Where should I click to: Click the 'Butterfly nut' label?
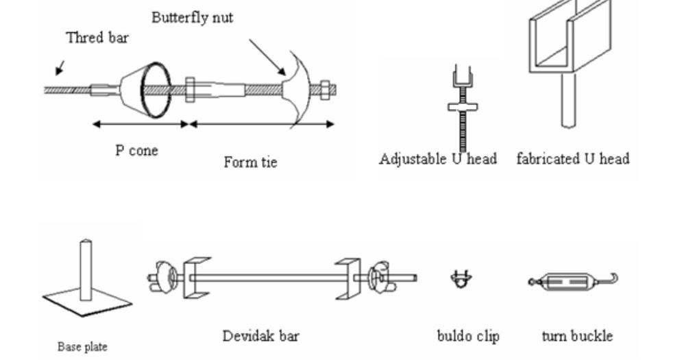pos(192,17)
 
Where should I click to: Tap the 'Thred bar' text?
pos(97,38)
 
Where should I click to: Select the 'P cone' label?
pos(136,150)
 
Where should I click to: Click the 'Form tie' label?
pos(250,163)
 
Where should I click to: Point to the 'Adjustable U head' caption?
pos(438,159)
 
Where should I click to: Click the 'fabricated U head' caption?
pos(573,159)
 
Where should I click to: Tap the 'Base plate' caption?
pos(82,347)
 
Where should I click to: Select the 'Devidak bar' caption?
pos(260,336)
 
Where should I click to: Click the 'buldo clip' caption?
pos(468,336)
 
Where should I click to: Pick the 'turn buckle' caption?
pos(577,336)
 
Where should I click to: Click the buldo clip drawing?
pos(461,278)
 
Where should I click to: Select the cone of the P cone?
pos(145,89)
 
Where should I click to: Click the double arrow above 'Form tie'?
pos(262,124)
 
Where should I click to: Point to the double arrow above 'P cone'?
pos(140,124)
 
